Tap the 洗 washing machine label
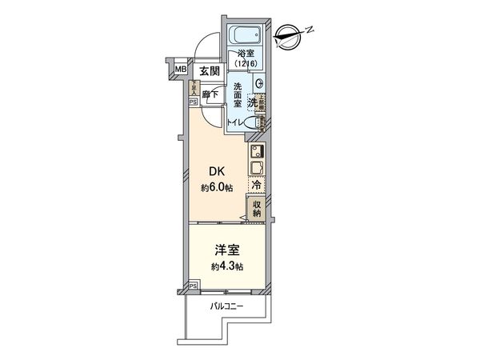252,102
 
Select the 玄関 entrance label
210,71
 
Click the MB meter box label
180,70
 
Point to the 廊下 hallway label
210,94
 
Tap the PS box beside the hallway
192,102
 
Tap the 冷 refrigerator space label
256,184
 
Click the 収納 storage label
257,210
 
